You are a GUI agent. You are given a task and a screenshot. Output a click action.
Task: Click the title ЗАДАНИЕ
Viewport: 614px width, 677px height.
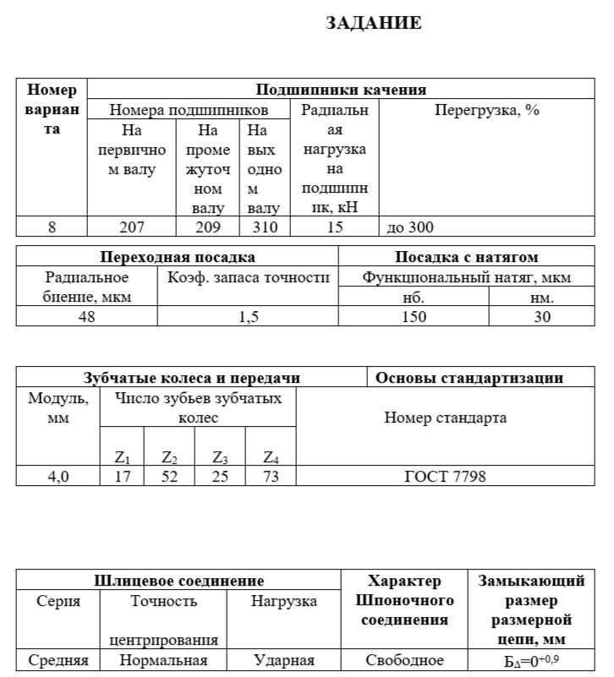[x=374, y=24]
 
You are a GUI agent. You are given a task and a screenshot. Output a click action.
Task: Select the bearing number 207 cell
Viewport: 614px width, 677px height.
[x=132, y=227]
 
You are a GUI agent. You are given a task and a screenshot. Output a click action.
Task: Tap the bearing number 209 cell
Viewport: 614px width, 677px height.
[x=208, y=227]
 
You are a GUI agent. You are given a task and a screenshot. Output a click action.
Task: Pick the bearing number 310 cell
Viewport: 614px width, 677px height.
[x=263, y=227]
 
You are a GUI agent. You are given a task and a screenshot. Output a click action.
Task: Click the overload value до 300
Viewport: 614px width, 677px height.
[x=409, y=227]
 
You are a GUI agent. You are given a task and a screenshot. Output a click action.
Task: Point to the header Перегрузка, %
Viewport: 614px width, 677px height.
[x=486, y=111]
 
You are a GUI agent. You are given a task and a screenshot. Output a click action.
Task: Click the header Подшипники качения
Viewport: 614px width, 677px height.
[x=340, y=90]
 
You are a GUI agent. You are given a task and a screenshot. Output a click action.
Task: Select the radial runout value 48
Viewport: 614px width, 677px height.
[x=87, y=317]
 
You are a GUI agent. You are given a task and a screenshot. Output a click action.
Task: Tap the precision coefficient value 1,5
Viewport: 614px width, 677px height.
[x=248, y=317]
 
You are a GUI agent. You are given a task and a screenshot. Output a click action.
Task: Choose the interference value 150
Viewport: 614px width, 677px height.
[x=414, y=317]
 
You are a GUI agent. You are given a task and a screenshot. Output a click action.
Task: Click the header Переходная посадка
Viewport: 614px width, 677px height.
[x=178, y=257]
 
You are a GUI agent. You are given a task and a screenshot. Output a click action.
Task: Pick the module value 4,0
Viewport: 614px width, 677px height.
[x=58, y=477]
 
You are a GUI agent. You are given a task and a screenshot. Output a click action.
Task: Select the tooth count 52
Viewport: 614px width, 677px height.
[x=169, y=477]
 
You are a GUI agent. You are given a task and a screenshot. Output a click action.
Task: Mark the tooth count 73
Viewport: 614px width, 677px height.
[x=271, y=477]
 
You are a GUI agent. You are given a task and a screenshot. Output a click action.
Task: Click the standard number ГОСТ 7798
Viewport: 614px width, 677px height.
[x=446, y=477]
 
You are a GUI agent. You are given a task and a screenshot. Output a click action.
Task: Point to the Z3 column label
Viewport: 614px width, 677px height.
[x=221, y=458]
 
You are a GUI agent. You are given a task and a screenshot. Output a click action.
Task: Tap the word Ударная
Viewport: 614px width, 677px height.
[x=284, y=661]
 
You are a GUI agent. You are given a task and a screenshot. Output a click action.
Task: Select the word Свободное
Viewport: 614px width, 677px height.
[x=404, y=661]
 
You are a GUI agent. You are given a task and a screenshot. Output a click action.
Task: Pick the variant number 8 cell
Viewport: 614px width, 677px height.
[x=52, y=227]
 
